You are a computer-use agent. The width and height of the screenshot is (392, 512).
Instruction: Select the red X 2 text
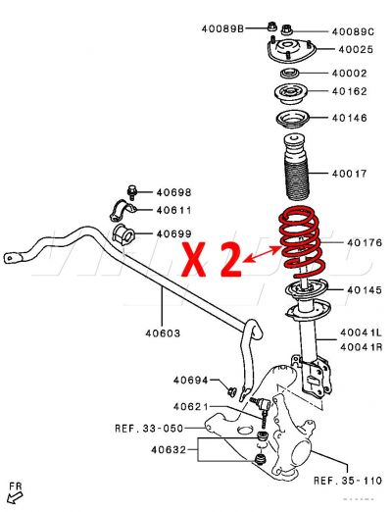[213, 259]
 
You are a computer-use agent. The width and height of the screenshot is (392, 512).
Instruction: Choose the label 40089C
[354, 32]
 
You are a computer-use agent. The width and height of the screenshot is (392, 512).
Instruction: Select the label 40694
[193, 380]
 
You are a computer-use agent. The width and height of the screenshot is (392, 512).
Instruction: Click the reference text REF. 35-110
[346, 481]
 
